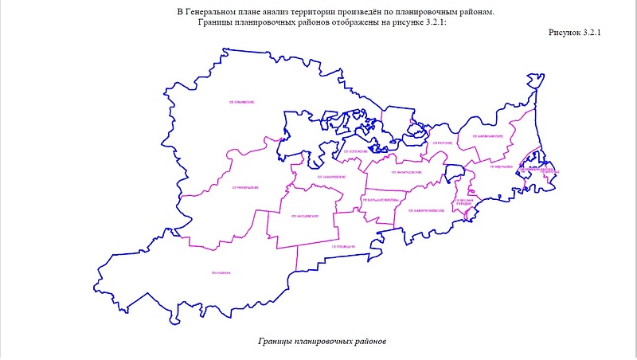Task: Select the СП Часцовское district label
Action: pyautogui.click(x=305, y=217)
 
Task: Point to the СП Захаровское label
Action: pyautogui.click(x=330, y=176)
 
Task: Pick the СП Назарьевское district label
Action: pyautogui.click(x=405, y=171)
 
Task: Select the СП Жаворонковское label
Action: pyautogui.click(x=424, y=210)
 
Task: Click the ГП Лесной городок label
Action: pyautogui.click(x=465, y=203)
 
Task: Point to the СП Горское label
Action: pyautogui.click(x=442, y=143)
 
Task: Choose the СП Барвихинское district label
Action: pyautogui.click(x=488, y=136)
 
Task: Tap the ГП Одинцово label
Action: pyautogui.click(x=501, y=168)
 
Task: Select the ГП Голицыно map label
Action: pyautogui.click(x=342, y=247)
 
